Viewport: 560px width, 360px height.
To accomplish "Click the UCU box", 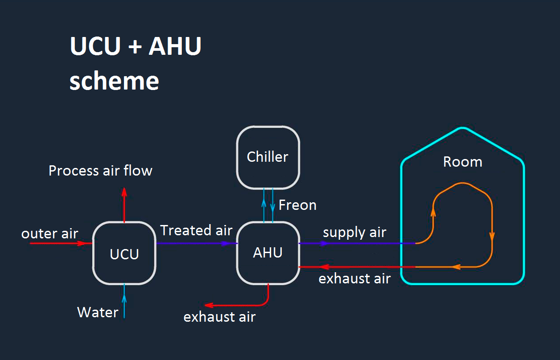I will tap(124, 253).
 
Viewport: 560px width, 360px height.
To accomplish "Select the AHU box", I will tap(268, 253).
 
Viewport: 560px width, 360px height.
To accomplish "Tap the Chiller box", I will tap(268, 157).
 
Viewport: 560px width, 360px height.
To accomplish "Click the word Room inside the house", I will tap(462, 162).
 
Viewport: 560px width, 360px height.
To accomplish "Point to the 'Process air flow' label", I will tap(100, 171).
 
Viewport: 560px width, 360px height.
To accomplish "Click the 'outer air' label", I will tap(49, 233).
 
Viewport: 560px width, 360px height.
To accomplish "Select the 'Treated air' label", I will tap(196, 230).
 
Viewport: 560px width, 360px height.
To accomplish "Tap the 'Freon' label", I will tap(297, 205).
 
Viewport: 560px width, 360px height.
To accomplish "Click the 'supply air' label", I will tap(354, 232).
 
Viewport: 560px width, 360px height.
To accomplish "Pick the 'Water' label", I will tap(98, 312).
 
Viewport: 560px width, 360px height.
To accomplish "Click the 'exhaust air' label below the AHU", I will tap(219, 317).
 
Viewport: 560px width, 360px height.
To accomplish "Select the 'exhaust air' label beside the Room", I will tap(354, 279).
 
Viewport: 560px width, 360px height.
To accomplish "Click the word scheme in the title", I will tap(114, 81).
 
